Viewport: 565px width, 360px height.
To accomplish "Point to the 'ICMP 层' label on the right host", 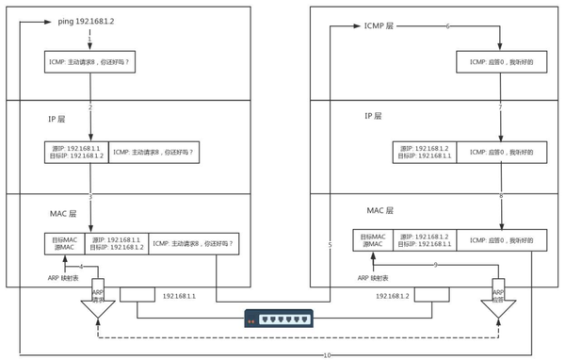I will pos(380,26).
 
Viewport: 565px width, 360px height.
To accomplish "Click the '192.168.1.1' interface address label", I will pos(179,296).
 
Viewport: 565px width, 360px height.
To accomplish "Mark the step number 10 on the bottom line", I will pos(327,355).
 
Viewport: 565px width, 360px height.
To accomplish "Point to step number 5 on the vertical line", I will pos(330,245).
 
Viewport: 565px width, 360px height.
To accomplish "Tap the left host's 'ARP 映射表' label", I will pos(66,278).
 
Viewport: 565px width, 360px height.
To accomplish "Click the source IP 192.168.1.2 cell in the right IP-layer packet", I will pos(425,153).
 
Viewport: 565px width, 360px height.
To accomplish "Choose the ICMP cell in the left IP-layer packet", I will pos(154,153).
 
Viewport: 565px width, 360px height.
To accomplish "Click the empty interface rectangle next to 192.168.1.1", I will pos(137,296).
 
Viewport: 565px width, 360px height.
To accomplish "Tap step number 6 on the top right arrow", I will pos(447,26).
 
